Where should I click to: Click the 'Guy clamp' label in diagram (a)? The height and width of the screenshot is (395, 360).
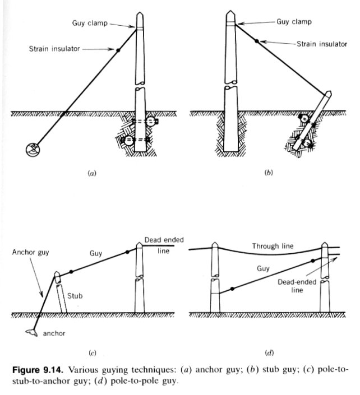click(x=90, y=23)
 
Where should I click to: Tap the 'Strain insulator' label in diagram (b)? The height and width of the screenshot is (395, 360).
click(x=322, y=44)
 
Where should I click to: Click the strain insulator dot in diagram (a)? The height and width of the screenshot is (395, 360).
click(x=118, y=50)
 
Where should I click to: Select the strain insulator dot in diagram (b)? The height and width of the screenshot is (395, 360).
click(x=256, y=41)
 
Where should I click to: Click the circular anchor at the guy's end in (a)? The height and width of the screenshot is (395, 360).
click(x=33, y=150)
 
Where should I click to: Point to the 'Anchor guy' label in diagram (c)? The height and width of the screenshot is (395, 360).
click(x=30, y=252)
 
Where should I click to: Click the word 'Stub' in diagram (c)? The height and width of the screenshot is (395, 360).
click(x=75, y=295)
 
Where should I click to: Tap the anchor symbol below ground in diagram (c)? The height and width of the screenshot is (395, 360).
click(x=32, y=332)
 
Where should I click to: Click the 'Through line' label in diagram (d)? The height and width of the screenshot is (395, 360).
click(x=273, y=246)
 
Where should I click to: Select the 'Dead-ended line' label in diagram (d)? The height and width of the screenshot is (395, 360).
click(x=297, y=286)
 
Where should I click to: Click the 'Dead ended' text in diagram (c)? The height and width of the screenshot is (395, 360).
click(x=164, y=240)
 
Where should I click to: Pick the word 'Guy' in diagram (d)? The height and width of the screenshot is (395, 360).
click(x=263, y=268)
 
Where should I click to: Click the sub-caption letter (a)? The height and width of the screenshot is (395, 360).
click(x=92, y=173)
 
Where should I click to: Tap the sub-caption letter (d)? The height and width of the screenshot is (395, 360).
click(x=269, y=352)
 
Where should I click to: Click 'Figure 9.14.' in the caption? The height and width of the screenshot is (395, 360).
click(x=38, y=370)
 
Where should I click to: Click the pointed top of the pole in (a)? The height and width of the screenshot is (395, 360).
click(x=140, y=12)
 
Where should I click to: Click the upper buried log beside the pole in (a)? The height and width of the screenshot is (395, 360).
click(x=151, y=121)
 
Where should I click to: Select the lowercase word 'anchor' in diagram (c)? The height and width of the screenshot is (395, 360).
click(x=54, y=333)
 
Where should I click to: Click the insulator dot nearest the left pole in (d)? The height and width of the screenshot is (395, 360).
click(x=233, y=289)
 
